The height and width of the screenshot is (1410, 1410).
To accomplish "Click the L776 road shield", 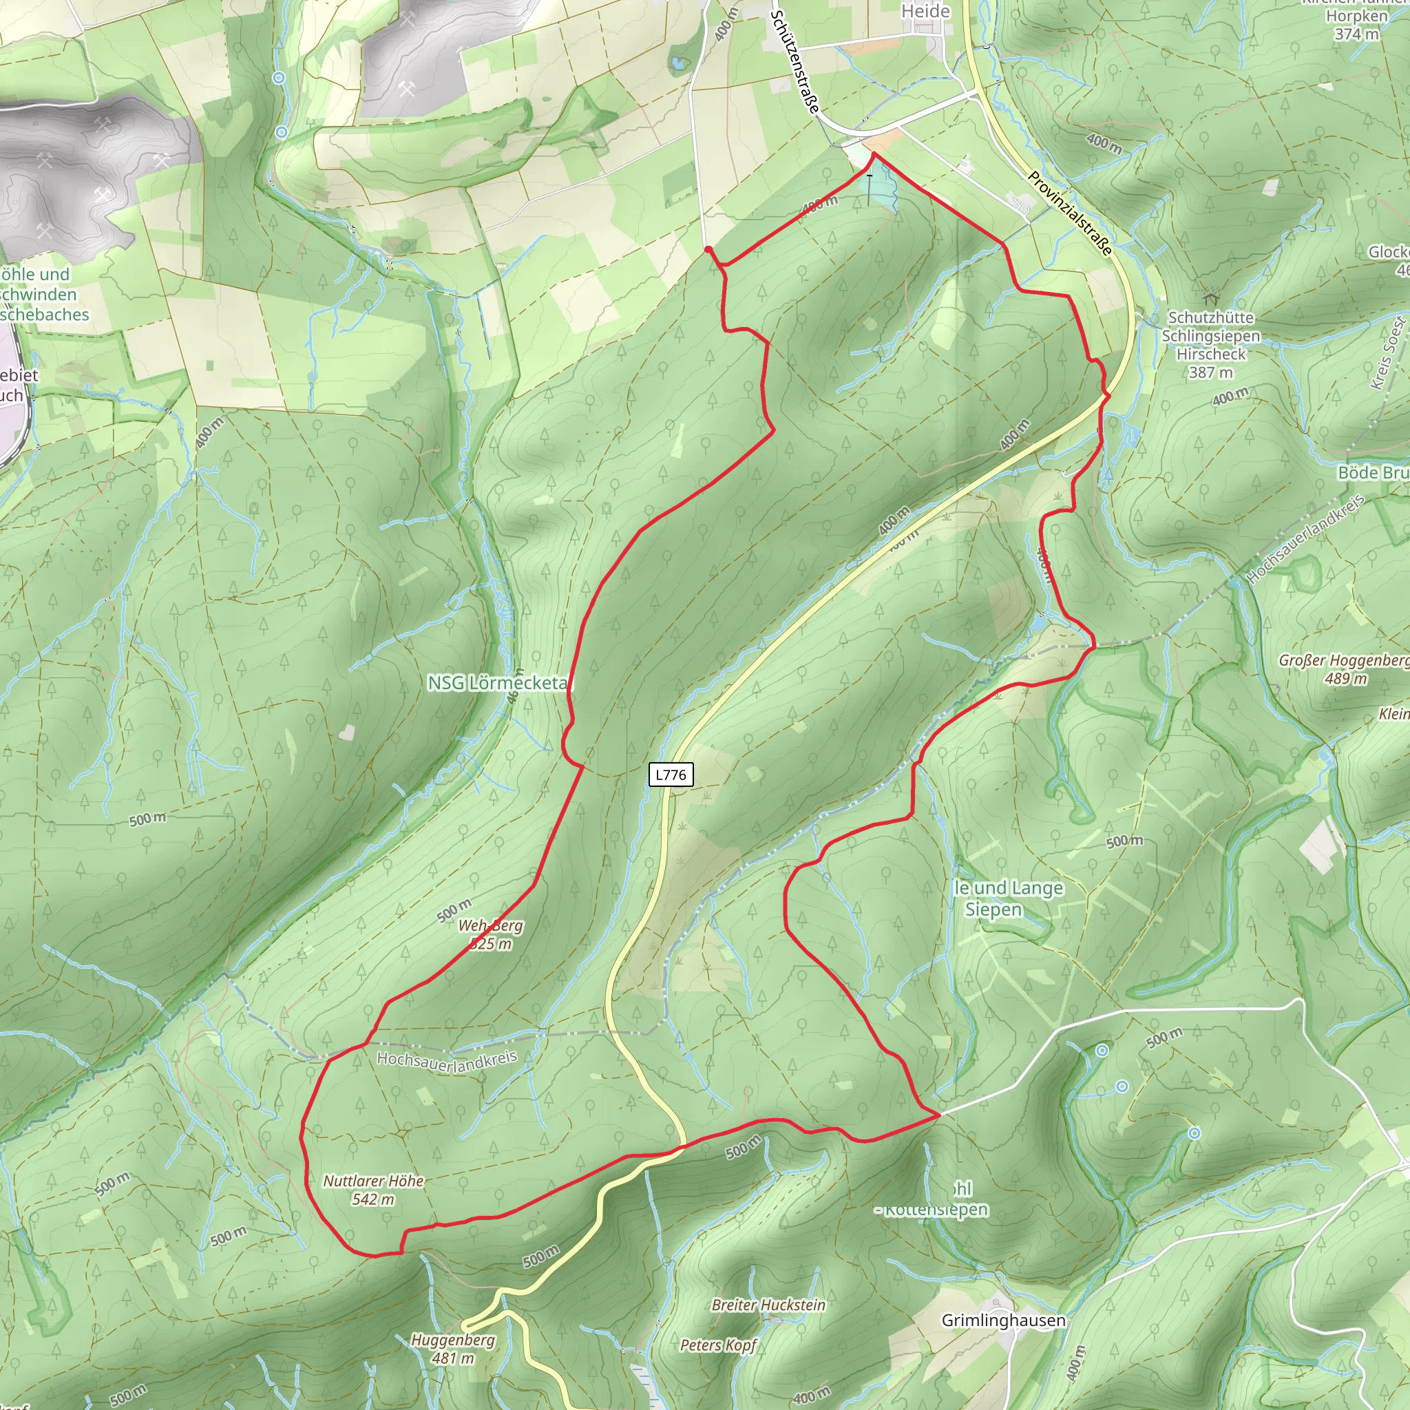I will click(670, 775).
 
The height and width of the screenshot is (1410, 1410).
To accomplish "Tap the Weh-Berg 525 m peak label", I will click(490, 934).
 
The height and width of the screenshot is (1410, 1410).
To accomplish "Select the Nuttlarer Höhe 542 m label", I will click(373, 1190).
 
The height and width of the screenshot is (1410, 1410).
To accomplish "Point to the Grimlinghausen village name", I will click(1002, 1320).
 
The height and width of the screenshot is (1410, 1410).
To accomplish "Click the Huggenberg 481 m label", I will click(452, 1349).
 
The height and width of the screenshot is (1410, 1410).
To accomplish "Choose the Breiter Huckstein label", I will click(768, 1304).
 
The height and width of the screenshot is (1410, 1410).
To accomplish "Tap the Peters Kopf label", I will click(718, 1345).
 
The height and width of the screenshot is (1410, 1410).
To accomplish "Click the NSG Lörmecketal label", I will click(498, 683).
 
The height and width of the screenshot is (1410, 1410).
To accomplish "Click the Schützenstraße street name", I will click(795, 61).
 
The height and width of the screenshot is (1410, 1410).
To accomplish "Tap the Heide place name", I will click(925, 11).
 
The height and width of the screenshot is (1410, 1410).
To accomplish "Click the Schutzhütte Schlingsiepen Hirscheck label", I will click(1211, 344).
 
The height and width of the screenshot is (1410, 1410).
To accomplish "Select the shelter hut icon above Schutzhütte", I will click(1211, 299).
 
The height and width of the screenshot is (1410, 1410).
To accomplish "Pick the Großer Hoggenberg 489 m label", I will click(1345, 669).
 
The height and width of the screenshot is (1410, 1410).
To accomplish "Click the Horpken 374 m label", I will click(1356, 24).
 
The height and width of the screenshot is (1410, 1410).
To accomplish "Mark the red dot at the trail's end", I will click(708, 250).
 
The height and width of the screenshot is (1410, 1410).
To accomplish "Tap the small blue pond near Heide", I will click(679, 63).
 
